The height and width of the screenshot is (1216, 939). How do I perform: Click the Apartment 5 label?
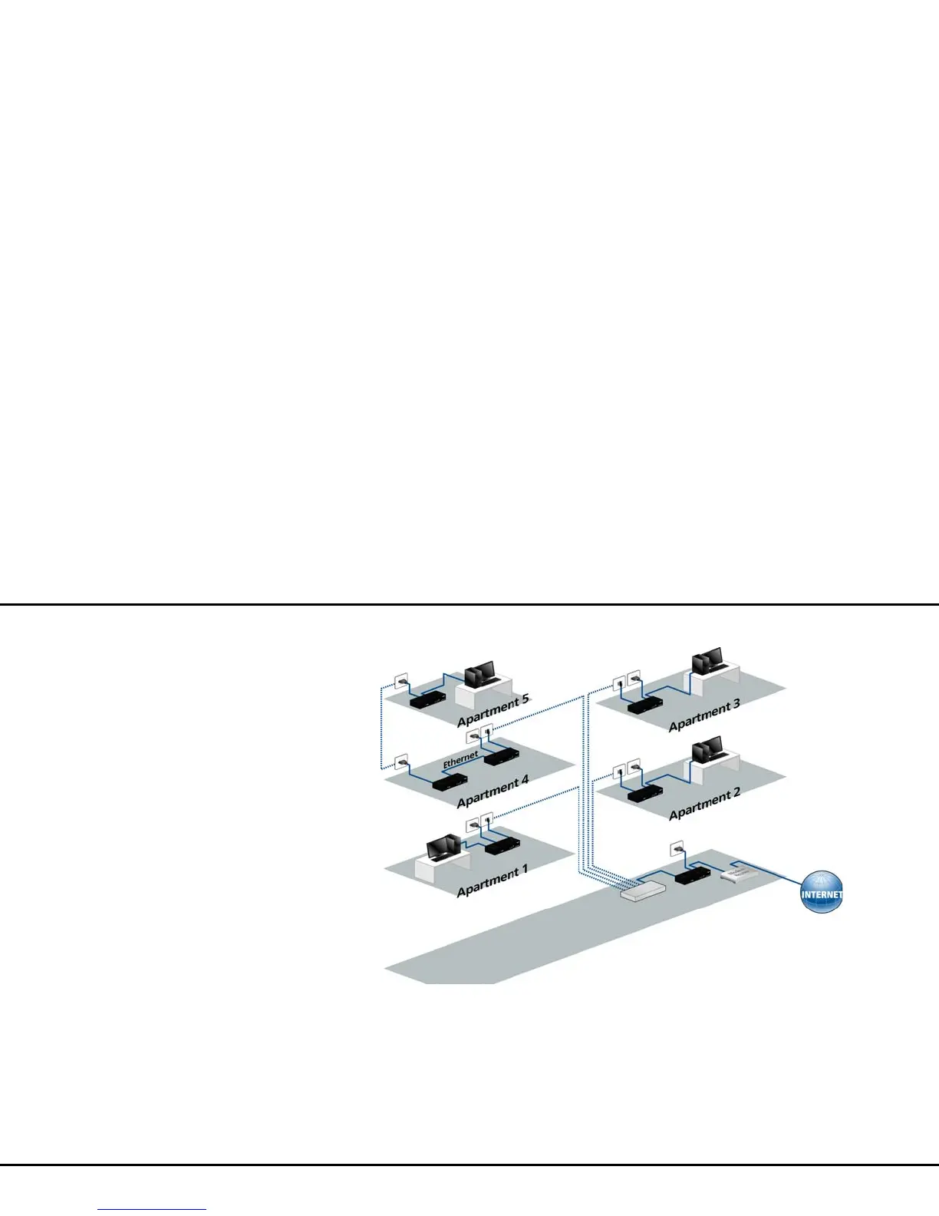pos(493,710)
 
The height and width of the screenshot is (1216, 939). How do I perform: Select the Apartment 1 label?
pos(492,881)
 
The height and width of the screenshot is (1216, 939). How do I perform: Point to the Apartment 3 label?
pos(704,715)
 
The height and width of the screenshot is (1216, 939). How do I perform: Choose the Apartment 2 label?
pos(704,803)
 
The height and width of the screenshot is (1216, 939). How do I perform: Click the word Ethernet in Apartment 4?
pos(460,759)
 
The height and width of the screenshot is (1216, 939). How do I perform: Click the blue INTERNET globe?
pos(821,894)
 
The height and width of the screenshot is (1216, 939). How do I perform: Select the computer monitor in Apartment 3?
pos(707,661)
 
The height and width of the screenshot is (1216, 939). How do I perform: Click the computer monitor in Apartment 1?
pos(444,848)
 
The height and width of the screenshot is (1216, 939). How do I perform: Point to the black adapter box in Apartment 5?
pos(427,699)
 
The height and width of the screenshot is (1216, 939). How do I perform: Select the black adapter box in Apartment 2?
pos(645,792)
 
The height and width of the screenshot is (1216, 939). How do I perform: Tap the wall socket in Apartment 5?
pos(400,681)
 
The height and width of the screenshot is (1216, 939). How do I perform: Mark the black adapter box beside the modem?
pos(692,874)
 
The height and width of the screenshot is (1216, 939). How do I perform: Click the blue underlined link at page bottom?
pos(152,1209)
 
